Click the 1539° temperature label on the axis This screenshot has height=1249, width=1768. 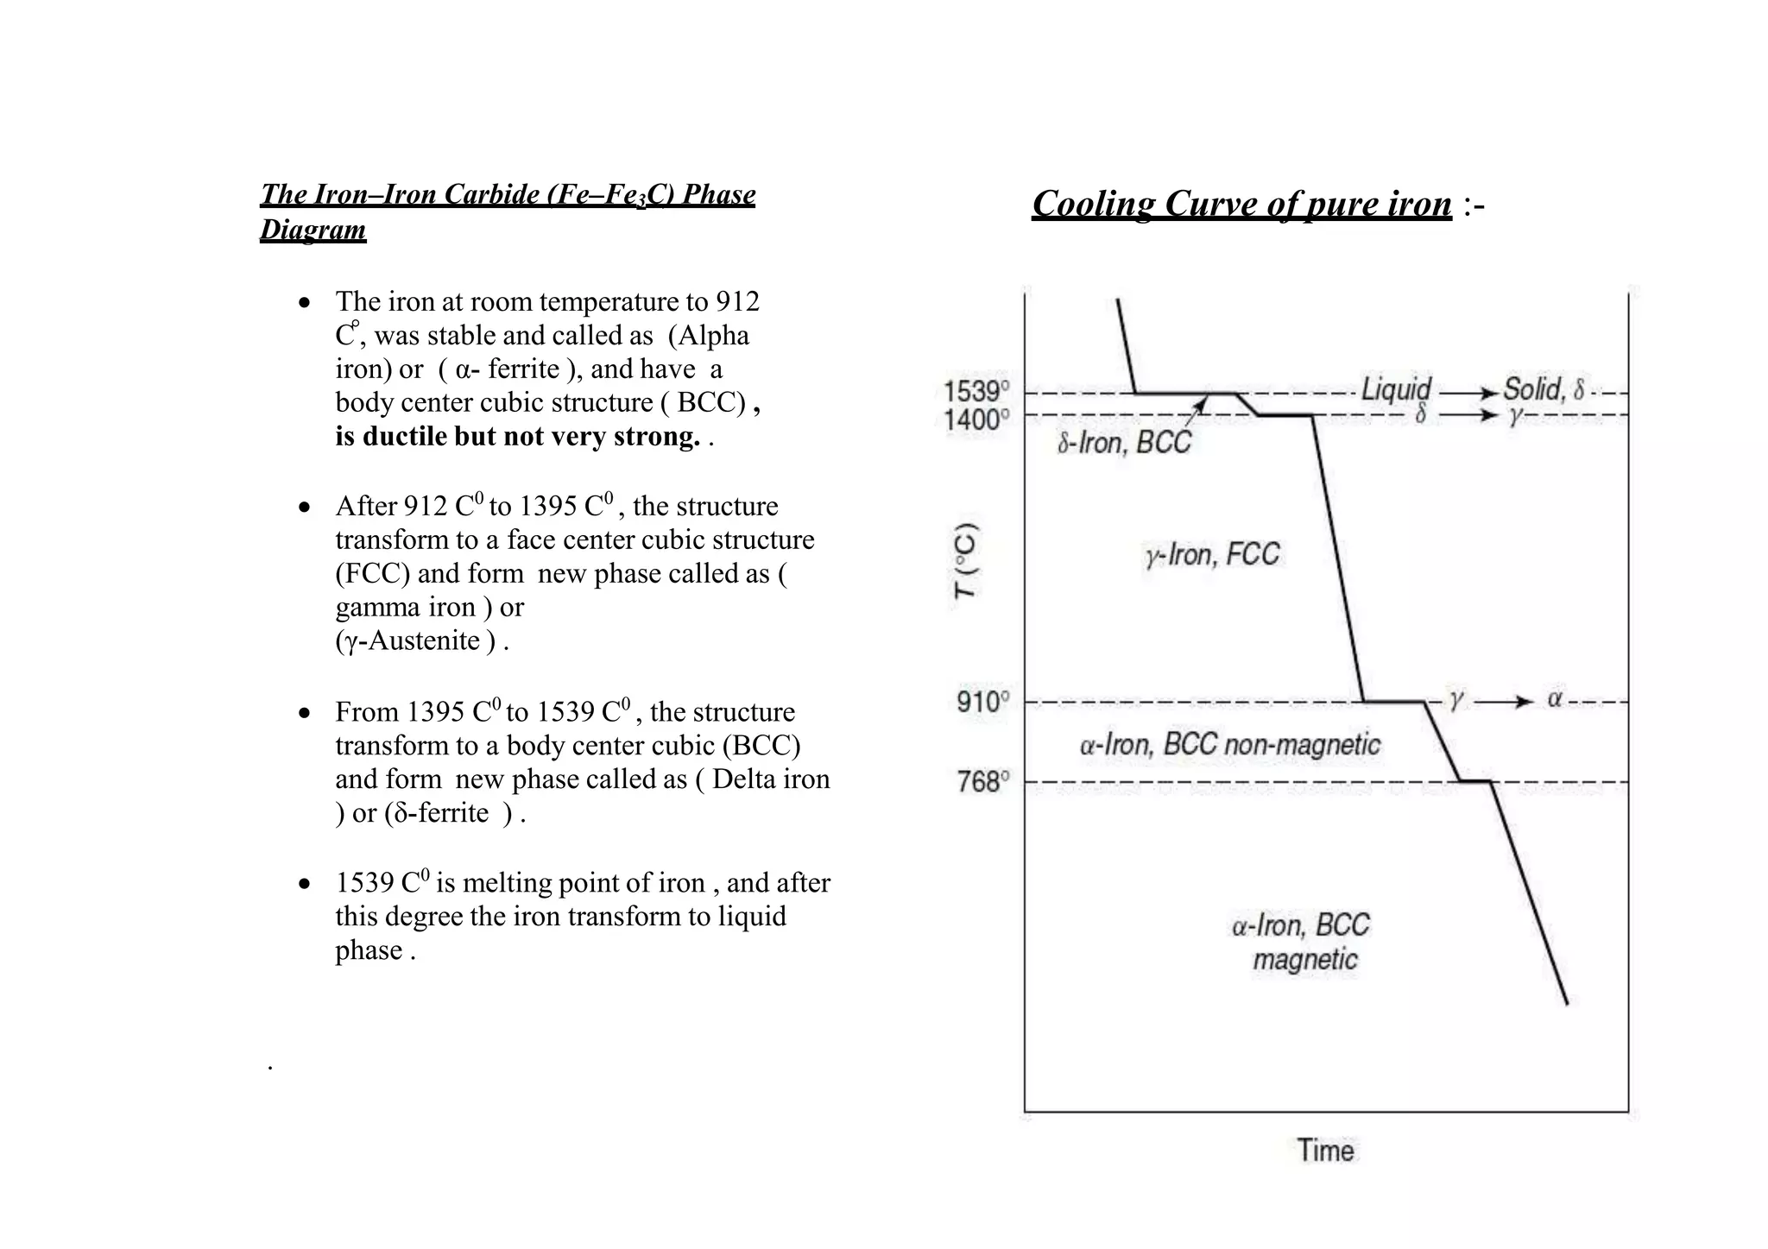[x=976, y=392]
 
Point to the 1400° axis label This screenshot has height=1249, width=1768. [x=976, y=420]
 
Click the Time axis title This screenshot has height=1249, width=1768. [x=1325, y=1151]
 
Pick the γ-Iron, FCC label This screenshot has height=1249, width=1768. [x=1212, y=554]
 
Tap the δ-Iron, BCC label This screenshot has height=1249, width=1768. [x=1124, y=443]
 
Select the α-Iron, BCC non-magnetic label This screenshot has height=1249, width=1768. [x=1229, y=744]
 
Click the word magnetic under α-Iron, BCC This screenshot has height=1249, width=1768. [x=1305, y=960]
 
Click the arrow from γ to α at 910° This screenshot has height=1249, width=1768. [x=1504, y=702]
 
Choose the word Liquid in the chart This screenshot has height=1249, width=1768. [x=1396, y=389]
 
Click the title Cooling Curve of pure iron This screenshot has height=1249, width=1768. [x=1241, y=205]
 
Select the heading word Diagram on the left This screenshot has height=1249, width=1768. [x=313, y=230]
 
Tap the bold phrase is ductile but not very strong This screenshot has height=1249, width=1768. [x=517, y=437]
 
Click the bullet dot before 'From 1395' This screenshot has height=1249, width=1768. [x=304, y=714]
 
